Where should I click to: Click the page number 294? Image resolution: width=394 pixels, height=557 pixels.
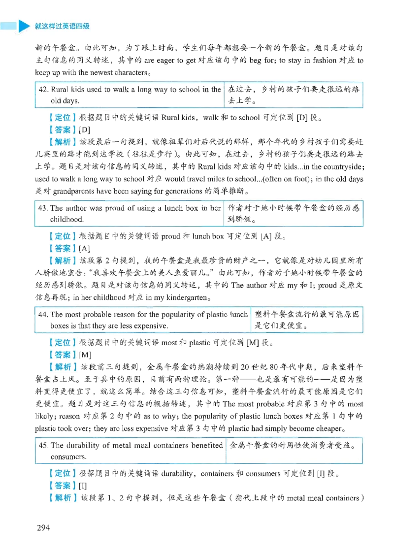pos(43,527)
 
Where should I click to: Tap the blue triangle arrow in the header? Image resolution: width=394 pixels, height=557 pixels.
pos(24,26)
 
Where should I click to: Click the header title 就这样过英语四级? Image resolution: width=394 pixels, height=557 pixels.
pos(62,26)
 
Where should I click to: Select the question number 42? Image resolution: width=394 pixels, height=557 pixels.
pos(43,89)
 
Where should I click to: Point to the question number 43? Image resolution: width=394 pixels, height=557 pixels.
pos(43,208)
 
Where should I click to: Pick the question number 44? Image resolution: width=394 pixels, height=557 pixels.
pos(43,314)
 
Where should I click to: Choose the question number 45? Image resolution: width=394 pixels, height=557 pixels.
pos(43,445)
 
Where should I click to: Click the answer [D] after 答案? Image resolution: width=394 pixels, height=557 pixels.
pos(84,130)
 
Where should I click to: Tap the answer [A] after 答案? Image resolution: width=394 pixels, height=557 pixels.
pos(84,248)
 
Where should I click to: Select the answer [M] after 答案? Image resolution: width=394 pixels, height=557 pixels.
pos(85,355)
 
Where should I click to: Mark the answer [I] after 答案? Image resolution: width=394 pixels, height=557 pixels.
pos(83,486)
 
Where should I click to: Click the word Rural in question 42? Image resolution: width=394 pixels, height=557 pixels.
pos(59,89)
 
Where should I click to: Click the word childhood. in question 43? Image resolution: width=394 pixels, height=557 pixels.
pos(67,219)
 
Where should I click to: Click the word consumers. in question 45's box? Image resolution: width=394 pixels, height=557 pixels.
pos(68,457)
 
